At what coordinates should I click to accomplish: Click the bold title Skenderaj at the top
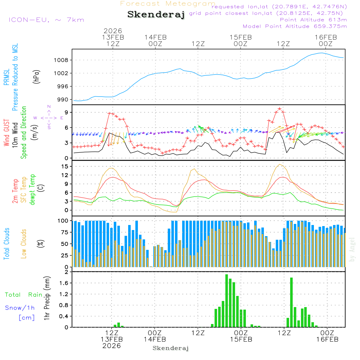coord(156,15)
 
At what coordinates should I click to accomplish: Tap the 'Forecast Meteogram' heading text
coord(168,4)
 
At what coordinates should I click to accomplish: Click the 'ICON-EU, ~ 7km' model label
coord(46,20)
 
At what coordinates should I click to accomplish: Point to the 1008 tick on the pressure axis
coord(64,60)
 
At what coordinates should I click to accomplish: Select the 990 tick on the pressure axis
coord(64,100)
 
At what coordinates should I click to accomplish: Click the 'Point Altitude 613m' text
coord(313,19)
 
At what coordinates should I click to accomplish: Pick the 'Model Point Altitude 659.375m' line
coord(294,26)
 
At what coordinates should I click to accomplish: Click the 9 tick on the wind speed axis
coord(67,113)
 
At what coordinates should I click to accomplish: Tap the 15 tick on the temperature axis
coord(65,166)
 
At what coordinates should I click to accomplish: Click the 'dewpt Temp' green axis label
coord(33,189)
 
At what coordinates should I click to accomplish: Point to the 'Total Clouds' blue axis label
coord(6,244)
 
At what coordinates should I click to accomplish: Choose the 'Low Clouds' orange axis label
coord(24,244)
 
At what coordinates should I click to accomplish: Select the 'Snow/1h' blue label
coord(20,308)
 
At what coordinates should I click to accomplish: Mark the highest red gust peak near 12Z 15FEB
coord(279,108)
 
